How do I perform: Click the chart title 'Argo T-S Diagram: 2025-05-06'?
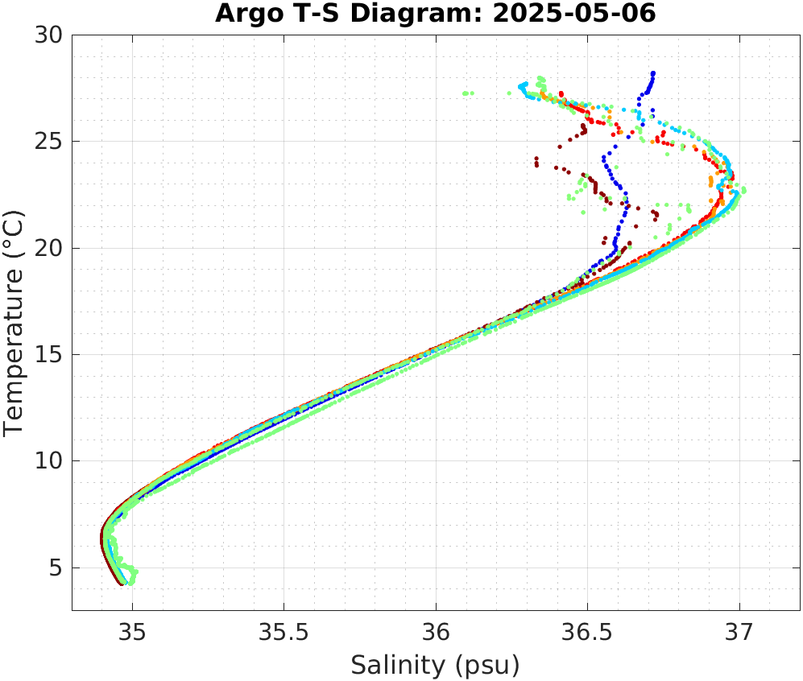click(436, 14)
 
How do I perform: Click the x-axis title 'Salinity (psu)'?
click(436, 665)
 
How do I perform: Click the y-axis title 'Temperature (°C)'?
click(14, 323)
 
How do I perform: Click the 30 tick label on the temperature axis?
click(51, 35)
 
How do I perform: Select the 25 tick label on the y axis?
click(51, 142)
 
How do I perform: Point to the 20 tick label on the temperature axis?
click(51, 248)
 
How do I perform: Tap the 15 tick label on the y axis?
click(51, 355)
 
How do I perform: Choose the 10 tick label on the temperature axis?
click(51, 461)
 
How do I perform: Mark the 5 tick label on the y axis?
click(56, 568)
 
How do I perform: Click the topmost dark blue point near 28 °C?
click(653, 73)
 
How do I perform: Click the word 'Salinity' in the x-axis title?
click(397, 665)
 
